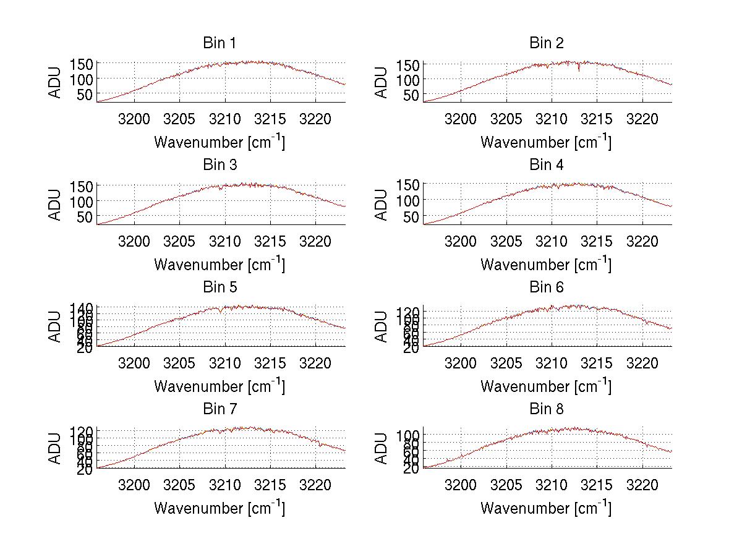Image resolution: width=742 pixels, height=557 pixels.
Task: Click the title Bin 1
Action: point(220,43)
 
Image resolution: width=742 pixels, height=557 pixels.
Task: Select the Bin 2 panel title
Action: point(547,43)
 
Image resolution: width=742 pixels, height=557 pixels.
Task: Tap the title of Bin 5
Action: point(220,287)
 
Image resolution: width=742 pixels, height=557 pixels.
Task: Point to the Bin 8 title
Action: point(547,409)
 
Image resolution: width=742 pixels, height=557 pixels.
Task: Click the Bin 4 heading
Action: point(547,165)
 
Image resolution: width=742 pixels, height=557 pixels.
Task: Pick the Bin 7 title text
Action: point(220,409)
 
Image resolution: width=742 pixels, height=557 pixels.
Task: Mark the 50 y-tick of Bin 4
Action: point(412,216)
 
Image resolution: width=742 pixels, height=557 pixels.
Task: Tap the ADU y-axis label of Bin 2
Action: point(382,82)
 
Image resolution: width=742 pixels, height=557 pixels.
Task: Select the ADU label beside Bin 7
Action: point(55,449)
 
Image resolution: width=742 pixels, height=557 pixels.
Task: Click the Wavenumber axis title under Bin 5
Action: point(220,386)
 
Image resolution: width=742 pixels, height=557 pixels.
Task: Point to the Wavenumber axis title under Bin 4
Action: point(547,264)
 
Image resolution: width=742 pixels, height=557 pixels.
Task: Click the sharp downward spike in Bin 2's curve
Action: point(579,69)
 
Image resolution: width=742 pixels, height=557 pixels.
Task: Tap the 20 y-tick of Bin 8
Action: point(412,469)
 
